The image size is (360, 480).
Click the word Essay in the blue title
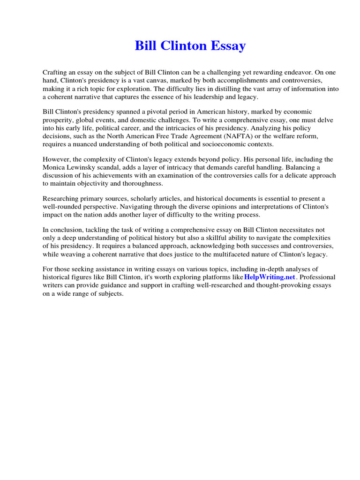tap(227, 46)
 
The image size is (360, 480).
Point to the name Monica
tap(55, 167)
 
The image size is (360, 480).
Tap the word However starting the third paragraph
tap(56, 159)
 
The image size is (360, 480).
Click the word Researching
tap(61, 199)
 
